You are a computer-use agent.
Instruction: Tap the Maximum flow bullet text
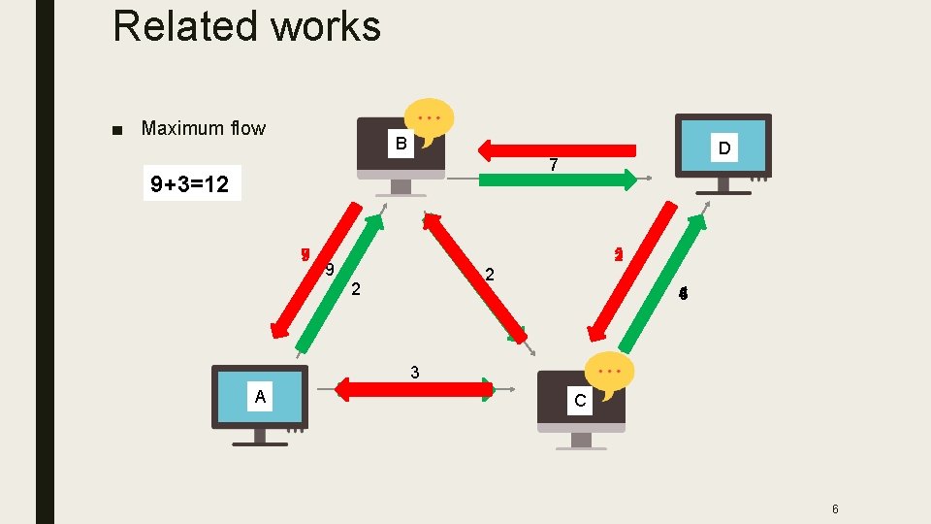click(x=203, y=128)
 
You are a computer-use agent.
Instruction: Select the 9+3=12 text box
click(x=190, y=184)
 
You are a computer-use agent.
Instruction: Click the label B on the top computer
click(x=400, y=146)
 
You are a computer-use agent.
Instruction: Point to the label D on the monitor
click(x=723, y=148)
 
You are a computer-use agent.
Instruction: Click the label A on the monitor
click(x=259, y=396)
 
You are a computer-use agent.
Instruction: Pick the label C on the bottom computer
click(x=580, y=400)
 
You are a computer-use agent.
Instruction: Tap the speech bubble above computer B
click(x=429, y=119)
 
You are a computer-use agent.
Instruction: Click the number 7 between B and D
click(x=553, y=166)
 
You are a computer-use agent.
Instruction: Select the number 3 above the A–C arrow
click(x=415, y=372)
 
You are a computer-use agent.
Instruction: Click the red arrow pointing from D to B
click(x=558, y=149)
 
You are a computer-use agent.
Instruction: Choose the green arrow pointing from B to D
click(x=558, y=179)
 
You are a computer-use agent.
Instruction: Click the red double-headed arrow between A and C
click(x=415, y=390)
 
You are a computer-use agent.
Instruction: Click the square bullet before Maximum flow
click(x=117, y=129)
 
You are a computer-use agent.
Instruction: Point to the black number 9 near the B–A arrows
click(x=330, y=270)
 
